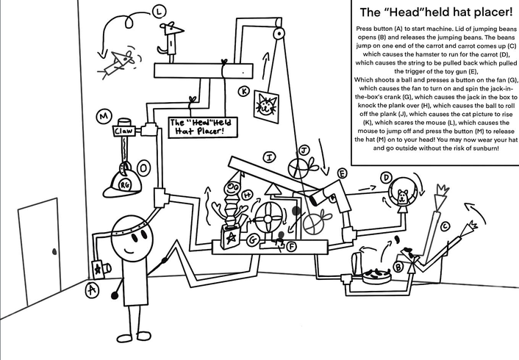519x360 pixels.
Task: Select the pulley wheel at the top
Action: (x=276, y=34)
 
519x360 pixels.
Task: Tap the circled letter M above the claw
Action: (x=103, y=116)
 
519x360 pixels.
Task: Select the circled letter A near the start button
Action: (x=92, y=289)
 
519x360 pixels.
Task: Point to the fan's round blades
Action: (x=268, y=219)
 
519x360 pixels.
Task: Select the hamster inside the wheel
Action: (x=403, y=197)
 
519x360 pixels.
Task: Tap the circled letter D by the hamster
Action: (x=386, y=177)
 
